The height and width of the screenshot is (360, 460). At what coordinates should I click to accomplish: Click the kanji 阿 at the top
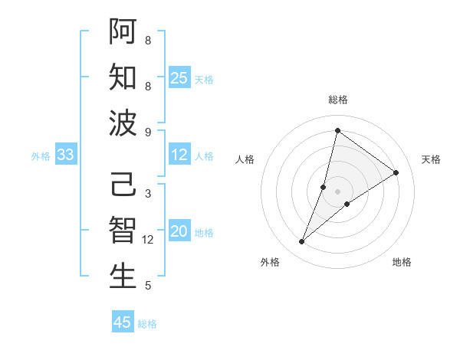click(123, 31)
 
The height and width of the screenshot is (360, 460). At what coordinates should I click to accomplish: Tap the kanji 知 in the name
click(123, 77)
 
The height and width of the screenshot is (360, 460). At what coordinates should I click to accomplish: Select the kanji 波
click(123, 123)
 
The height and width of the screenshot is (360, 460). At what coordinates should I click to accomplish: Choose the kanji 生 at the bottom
click(123, 277)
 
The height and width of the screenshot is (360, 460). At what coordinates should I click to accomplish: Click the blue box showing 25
click(179, 78)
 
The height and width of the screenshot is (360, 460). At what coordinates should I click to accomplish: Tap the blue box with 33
click(65, 155)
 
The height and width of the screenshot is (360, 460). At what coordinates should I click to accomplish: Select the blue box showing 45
click(123, 322)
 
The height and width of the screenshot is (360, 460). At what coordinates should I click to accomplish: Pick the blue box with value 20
click(179, 232)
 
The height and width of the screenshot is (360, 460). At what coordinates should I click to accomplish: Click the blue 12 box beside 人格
click(179, 155)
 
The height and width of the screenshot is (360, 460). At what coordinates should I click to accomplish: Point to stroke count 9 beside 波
click(148, 132)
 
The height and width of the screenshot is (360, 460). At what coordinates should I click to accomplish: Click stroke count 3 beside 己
click(148, 194)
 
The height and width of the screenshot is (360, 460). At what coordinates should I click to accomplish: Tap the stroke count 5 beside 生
click(148, 286)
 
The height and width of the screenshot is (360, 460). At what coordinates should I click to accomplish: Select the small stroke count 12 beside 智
click(149, 240)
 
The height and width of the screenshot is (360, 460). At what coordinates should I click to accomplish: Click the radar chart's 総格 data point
click(337, 129)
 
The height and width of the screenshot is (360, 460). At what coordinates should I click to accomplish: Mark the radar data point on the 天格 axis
click(396, 172)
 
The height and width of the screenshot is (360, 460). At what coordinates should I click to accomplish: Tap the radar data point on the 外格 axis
click(302, 242)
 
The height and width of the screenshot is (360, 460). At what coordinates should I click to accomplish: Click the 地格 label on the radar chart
click(402, 262)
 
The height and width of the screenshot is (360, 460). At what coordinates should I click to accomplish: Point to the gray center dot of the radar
click(337, 191)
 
